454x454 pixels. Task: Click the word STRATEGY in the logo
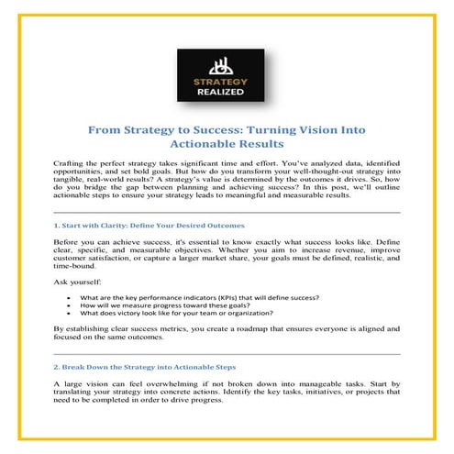coord(226,81)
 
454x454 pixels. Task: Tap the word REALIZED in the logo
coord(226,92)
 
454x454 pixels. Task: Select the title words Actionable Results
coord(227,145)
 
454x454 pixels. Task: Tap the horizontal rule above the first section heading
coord(227,212)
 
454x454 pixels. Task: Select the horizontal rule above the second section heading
coord(227,353)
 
